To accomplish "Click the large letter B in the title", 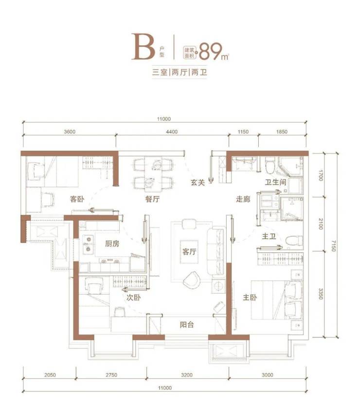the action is pos(143,47).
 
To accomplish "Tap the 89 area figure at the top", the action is pos(211,51).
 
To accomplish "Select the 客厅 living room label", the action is pos(189,252).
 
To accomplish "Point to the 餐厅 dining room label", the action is pos(152,199).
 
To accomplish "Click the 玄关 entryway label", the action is pos(198,183).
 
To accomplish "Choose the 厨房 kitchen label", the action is pos(112,243).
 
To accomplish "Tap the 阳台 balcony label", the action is pos(187,325).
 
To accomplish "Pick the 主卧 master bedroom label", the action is pos(250,298).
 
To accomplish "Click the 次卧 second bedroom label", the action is pos(133,298).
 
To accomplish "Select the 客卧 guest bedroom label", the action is pos(77,199).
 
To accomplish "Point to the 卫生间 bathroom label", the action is pos(276,182).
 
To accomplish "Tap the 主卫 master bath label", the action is pos(269,236).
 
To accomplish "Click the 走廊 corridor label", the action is pos(243,199).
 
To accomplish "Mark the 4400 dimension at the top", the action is pos(172,132).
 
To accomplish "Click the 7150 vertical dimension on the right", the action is pos(333,246).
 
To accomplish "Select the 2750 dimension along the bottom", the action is pos(111,375).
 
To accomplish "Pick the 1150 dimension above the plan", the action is pos(243,132).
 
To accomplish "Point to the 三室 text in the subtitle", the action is pos(160,72).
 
